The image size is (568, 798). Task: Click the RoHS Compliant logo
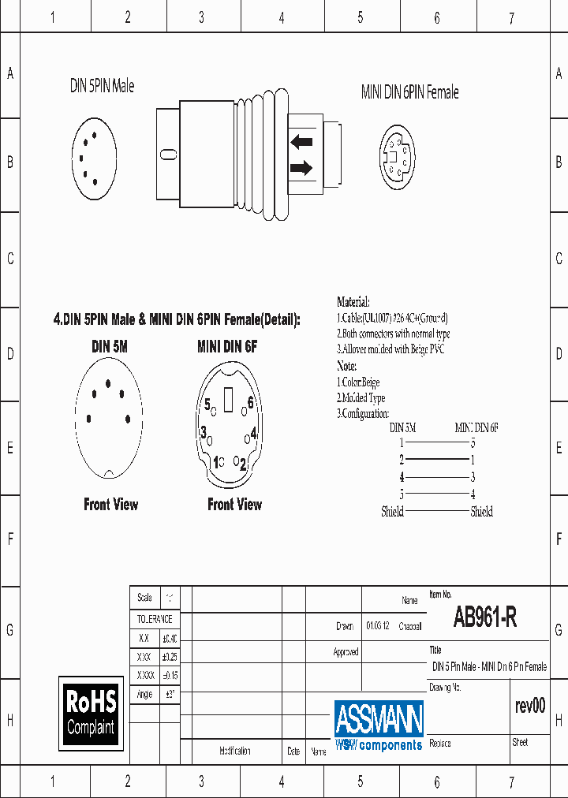pyautogui.click(x=91, y=712)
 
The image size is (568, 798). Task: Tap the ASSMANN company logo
pyautogui.click(x=379, y=725)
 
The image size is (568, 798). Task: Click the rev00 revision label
pyautogui.click(x=529, y=706)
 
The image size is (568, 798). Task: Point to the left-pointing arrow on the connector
pyautogui.click(x=301, y=142)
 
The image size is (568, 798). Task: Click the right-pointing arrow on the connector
pyautogui.click(x=301, y=167)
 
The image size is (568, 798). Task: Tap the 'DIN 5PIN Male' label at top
pyautogui.click(x=102, y=86)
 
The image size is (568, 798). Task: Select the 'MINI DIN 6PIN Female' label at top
pyautogui.click(x=409, y=92)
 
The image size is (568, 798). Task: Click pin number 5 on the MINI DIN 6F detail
pyautogui.click(x=207, y=405)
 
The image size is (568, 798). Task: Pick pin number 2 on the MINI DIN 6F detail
pyautogui.click(x=243, y=462)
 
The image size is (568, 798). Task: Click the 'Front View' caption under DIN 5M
pyautogui.click(x=110, y=505)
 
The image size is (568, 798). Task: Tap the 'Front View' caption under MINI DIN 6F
pyautogui.click(x=234, y=505)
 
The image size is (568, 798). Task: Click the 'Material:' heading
pyautogui.click(x=353, y=302)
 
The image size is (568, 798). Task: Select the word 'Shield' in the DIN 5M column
pyautogui.click(x=392, y=512)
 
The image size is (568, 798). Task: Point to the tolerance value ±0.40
pyautogui.click(x=170, y=639)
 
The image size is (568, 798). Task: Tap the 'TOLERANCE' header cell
pyautogui.click(x=154, y=620)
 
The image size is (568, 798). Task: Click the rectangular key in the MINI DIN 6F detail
pyautogui.click(x=229, y=401)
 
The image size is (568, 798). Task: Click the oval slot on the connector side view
pyautogui.click(x=167, y=155)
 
